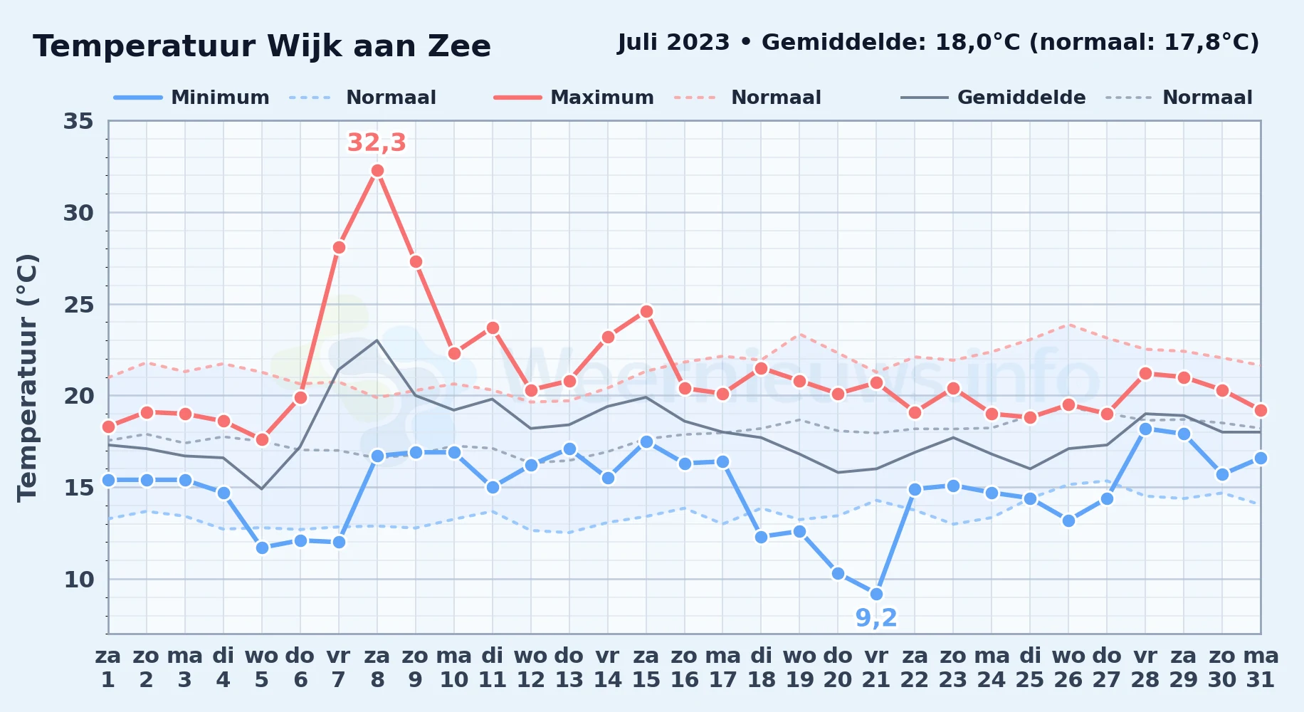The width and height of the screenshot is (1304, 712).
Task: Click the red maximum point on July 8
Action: coord(377,171)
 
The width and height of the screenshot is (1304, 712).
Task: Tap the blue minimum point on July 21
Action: coord(876,594)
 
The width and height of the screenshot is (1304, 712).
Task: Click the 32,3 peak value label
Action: coord(377,142)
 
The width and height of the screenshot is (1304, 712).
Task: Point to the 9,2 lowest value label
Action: coord(876,618)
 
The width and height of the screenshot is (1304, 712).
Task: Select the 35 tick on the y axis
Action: coord(78,121)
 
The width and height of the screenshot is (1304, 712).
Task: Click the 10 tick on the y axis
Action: coord(78,580)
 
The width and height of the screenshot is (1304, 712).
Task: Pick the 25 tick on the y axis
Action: coord(78,305)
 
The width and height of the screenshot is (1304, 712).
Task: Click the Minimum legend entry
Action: coord(192,98)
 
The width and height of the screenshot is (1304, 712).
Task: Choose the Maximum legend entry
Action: coord(574,98)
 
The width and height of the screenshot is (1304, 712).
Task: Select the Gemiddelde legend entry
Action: coord(994,98)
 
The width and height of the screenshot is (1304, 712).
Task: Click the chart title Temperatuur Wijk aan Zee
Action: coord(262,46)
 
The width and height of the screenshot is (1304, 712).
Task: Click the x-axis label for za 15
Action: coord(646,668)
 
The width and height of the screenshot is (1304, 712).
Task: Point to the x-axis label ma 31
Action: coord(1261,668)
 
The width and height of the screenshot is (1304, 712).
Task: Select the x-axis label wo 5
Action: coord(262,668)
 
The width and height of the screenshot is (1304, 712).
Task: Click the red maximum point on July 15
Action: coord(646,311)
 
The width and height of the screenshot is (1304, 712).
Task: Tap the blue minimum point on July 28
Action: coord(1145,429)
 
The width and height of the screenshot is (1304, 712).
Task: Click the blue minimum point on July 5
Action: coord(262,548)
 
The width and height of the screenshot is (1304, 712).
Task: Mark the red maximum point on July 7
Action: coord(339,247)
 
